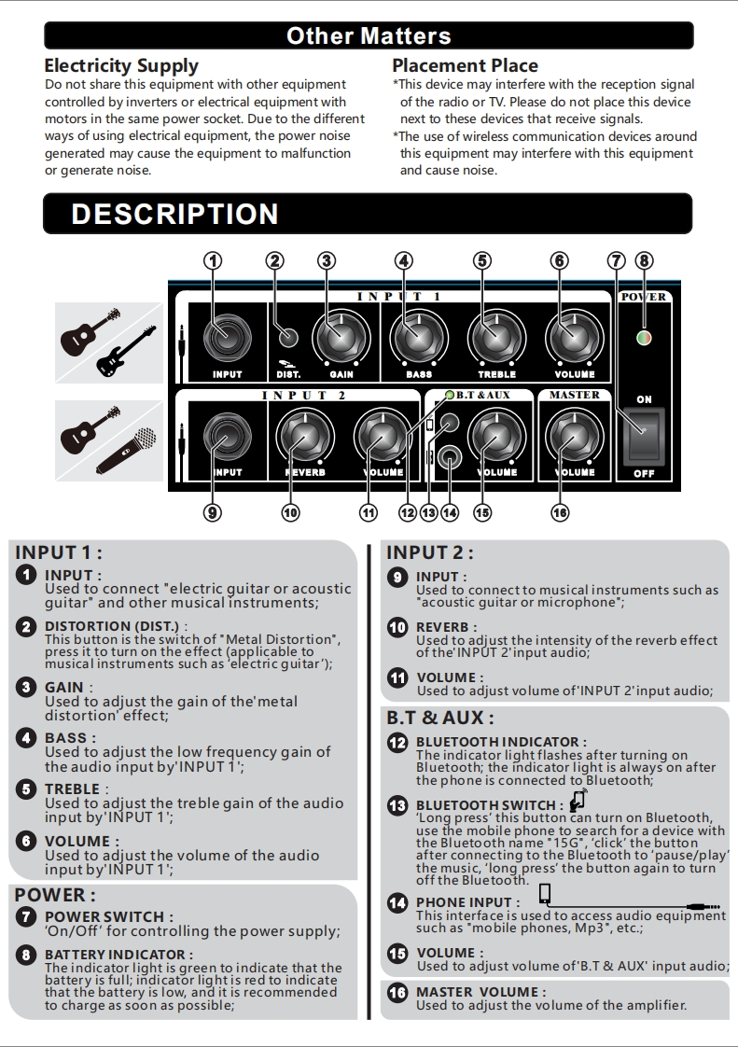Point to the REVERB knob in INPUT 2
304,435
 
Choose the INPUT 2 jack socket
227,435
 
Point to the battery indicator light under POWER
644,338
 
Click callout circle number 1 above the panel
214,261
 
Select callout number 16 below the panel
560,512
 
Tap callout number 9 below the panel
214,512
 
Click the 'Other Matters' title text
369,36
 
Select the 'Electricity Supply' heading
121,66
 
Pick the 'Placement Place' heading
465,66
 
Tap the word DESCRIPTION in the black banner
175,214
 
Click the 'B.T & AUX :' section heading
440,719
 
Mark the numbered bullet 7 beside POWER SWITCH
27,916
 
